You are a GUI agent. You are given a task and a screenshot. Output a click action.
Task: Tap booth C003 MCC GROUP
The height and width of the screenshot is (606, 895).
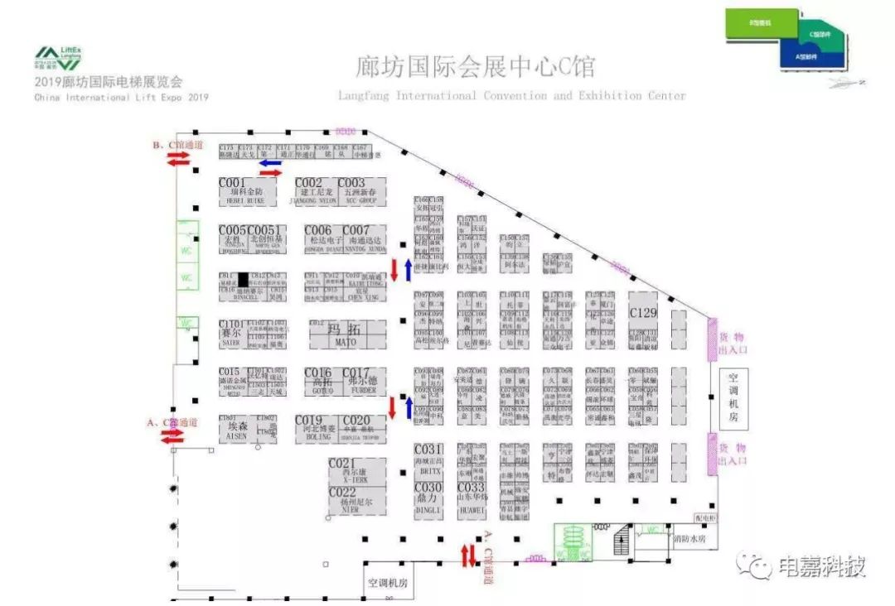click(360, 191)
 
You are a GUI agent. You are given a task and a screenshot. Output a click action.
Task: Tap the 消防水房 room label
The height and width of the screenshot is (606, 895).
click(689, 538)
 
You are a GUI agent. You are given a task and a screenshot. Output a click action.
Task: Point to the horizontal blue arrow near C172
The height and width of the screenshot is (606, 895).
click(269, 163)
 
